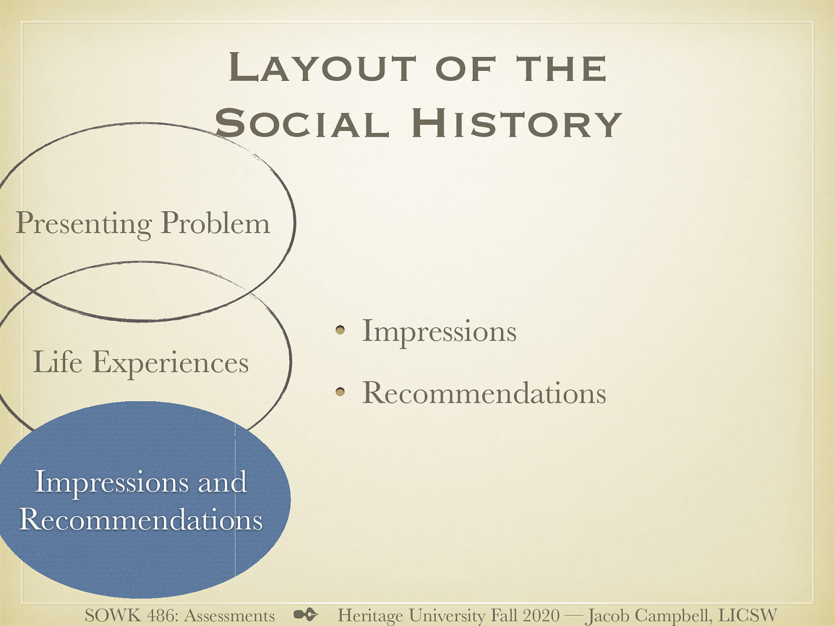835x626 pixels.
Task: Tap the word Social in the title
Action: coord(302,124)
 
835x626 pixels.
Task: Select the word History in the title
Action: coord(516,124)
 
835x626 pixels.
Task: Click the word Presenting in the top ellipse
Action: coord(83,223)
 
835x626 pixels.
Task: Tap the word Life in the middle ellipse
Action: coord(57,362)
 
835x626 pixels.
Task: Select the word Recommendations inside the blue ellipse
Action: coord(140,520)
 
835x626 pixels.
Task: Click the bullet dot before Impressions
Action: coord(340,330)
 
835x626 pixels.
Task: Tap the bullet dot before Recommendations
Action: coord(340,391)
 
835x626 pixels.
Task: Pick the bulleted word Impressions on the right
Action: coord(439,331)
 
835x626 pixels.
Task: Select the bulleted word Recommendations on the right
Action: coord(484,392)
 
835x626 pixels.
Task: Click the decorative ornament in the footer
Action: coord(306,615)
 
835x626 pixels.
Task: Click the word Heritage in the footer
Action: coord(370,616)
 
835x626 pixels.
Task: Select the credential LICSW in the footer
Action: coord(748,616)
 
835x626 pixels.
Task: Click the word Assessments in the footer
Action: coord(230,616)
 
